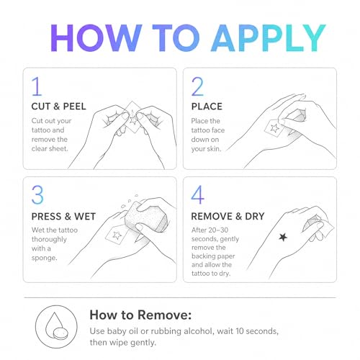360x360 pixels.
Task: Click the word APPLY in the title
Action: pos(268,38)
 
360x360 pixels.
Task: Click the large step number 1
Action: pos(37,86)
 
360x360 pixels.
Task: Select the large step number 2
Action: pos(197,86)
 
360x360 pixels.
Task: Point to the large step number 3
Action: pos(37,194)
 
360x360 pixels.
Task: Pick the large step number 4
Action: pos(198,194)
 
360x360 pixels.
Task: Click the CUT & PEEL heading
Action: pos(58,107)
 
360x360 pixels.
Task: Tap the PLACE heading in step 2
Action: pos(207,107)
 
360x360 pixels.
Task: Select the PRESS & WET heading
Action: pos(63,217)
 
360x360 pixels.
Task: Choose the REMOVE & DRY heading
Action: pos(228,217)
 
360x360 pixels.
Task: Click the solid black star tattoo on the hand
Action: pos(283,237)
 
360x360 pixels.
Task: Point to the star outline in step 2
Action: pos(274,128)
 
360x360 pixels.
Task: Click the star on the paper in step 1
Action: pos(132,120)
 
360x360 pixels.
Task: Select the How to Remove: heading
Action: pos(140,315)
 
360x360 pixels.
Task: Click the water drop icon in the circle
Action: pos(55,324)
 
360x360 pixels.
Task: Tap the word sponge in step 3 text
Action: pos(44,258)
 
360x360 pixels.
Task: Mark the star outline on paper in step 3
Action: pos(117,235)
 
